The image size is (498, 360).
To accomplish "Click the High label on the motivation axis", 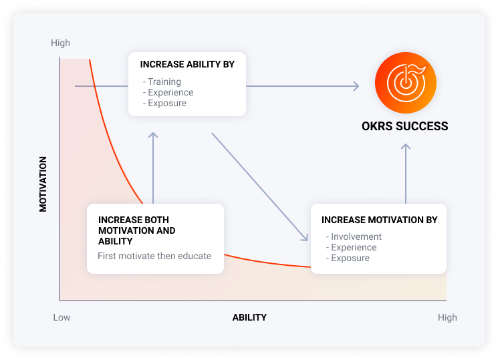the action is (60, 43).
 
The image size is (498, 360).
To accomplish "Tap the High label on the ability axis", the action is (447, 317).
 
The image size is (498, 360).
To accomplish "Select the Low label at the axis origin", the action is (61, 317).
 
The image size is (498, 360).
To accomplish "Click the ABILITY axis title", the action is (249, 317).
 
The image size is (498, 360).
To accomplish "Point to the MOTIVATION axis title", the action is (43, 184).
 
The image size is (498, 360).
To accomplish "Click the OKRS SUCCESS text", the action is (405, 126).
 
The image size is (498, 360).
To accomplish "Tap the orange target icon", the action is (406, 83).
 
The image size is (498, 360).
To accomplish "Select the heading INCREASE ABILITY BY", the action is (187, 64).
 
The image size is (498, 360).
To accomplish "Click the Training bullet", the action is (162, 81).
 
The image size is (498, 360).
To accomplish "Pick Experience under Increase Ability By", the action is (168, 92).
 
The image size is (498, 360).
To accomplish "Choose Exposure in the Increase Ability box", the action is (164, 103).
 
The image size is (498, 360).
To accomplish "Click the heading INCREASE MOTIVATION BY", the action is (380, 220).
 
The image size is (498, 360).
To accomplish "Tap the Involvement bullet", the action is (354, 236).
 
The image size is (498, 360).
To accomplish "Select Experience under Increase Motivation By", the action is (351, 247).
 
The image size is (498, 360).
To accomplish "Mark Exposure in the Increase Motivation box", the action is (348, 258).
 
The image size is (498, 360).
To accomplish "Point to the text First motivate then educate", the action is (154, 256).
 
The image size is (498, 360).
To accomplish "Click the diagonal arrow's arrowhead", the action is (305, 237).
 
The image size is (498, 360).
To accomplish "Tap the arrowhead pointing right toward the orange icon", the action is (356, 86).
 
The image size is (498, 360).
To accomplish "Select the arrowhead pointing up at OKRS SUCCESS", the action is (406, 147).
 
